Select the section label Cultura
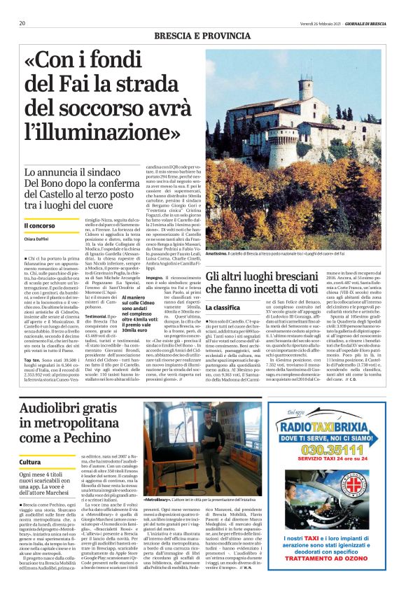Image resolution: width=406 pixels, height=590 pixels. coord(30,463)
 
